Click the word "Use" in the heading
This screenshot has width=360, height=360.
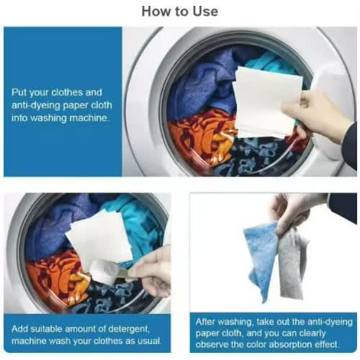click(x=205, y=12)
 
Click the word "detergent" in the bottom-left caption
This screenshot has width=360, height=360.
click(x=129, y=329)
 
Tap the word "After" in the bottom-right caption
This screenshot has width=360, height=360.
click(x=204, y=322)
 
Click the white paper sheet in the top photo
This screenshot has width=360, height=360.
click(x=266, y=102)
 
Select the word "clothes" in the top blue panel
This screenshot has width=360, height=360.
click(x=65, y=92)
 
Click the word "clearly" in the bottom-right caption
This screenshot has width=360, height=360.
click(x=312, y=333)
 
